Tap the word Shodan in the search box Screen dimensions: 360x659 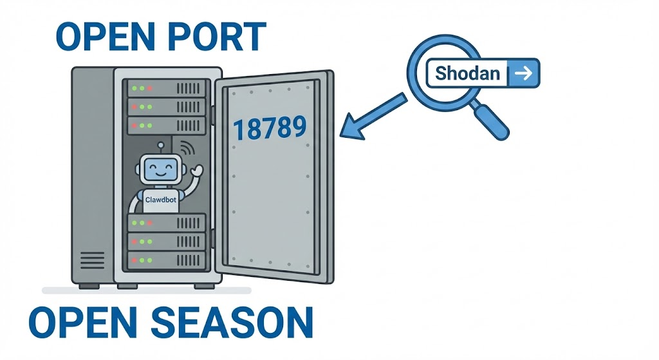468,73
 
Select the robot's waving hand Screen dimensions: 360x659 196,172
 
